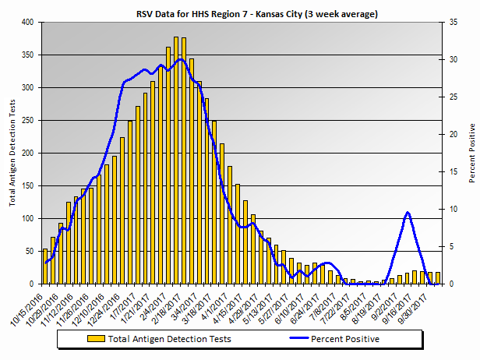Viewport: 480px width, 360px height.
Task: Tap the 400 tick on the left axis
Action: pos(28,23)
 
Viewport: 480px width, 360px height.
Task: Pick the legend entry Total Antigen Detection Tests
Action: pos(168,338)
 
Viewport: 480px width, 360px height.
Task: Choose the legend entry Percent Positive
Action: pos(344,338)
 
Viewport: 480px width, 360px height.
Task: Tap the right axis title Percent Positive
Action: pos(471,153)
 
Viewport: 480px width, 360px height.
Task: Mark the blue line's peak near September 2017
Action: pos(408,212)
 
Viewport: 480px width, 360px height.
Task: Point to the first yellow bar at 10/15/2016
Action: pos(45,266)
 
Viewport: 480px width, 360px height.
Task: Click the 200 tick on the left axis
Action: pos(28,154)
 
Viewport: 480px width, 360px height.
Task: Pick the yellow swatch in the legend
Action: pos(95,338)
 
